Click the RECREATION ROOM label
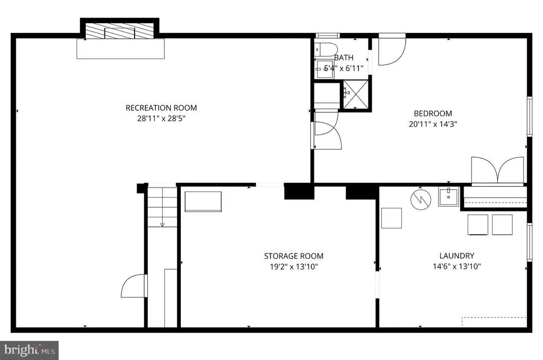point(161,108)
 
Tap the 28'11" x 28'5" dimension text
point(161,118)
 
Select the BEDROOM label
point(433,113)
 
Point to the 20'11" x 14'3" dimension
point(433,124)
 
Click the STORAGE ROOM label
point(294,256)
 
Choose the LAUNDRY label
point(457,256)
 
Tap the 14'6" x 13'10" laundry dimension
point(457,266)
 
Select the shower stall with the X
point(356,94)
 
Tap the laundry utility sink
point(448,197)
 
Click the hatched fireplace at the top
point(119,31)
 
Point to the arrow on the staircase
point(162,225)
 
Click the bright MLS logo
point(29,350)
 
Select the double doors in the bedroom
point(497,170)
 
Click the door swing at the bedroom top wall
point(392,49)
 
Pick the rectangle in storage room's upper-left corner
point(203,201)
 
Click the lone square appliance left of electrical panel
point(391,218)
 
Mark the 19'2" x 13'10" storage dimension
point(294,267)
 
